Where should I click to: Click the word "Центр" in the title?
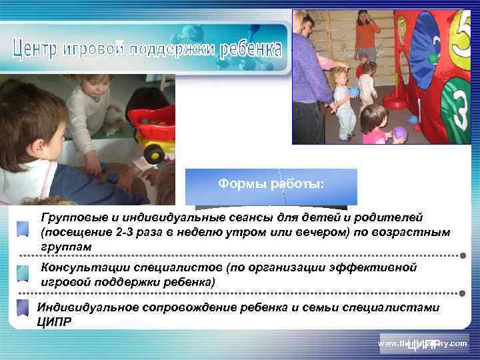tap(37, 49)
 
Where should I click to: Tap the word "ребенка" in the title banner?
tap(249, 49)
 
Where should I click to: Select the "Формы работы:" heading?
tap(271, 184)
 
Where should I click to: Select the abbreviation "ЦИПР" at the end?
tap(54, 320)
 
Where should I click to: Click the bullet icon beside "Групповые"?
tap(23, 227)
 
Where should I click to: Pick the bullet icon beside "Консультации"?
tap(23, 273)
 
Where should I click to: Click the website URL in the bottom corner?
tap(423, 343)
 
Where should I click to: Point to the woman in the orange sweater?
tap(366, 33)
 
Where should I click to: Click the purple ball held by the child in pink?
tap(399, 133)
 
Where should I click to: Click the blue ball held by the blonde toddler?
tap(354, 92)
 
